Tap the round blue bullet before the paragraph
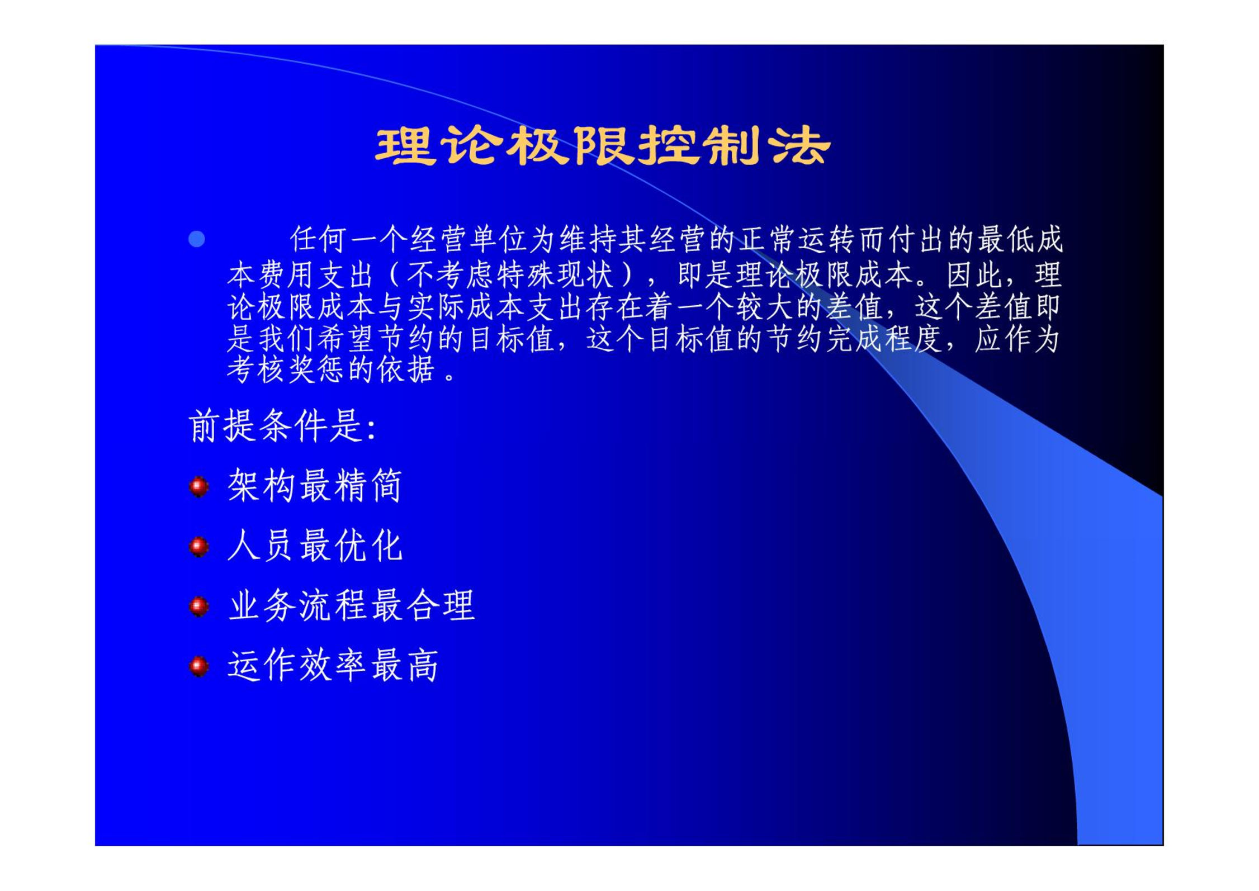(196, 239)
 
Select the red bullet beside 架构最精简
(198, 486)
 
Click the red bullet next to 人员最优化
(198, 547)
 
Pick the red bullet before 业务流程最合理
(198, 606)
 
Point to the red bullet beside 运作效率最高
(198, 666)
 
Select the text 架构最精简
(315, 485)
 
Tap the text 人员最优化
(315, 546)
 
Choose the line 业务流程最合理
(352, 605)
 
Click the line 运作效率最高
(333, 665)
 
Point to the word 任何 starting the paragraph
(319, 239)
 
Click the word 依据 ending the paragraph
(405, 369)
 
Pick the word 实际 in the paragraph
(437, 307)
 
